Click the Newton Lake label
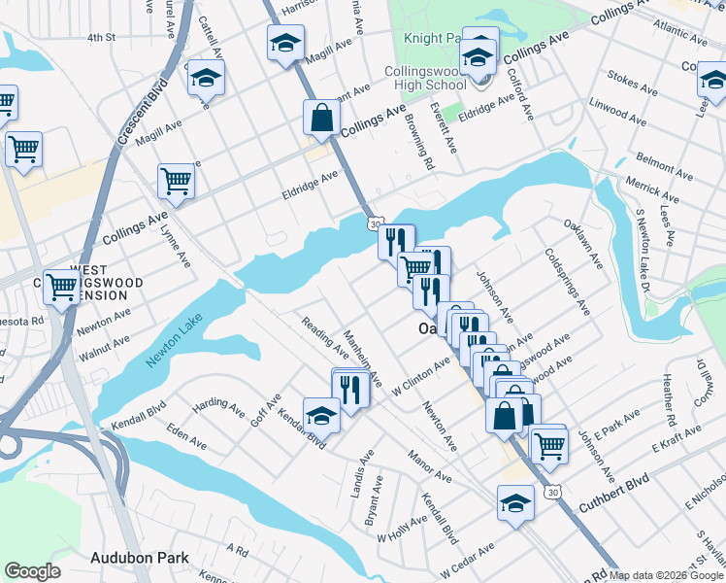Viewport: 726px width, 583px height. click(169, 347)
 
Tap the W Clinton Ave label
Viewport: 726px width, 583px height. click(422, 378)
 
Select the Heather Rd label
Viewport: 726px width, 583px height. click(669, 401)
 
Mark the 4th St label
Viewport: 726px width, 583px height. click(101, 38)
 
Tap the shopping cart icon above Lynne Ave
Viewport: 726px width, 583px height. click(176, 179)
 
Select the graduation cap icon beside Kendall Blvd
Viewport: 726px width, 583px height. click(321, 415)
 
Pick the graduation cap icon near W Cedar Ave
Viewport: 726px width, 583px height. click(515, 501)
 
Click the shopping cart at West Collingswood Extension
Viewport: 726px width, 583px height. click(62, 286)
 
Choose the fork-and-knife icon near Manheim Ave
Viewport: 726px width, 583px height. click(349, 388)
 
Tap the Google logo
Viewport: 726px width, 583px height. click(32, 571)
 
